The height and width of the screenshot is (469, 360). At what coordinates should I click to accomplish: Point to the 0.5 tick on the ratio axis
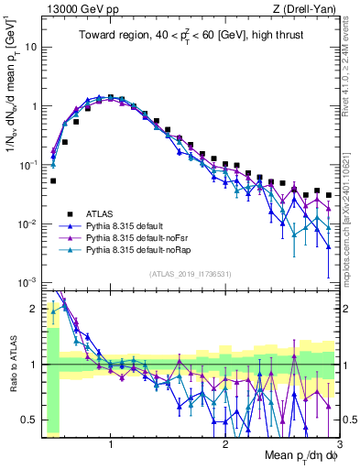click(x=32, y=420)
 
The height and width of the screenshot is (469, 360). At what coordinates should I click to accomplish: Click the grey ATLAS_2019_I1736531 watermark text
click(x=190, y=274)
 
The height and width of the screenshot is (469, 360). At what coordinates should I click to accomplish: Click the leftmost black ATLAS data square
click(x=53, y=180)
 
